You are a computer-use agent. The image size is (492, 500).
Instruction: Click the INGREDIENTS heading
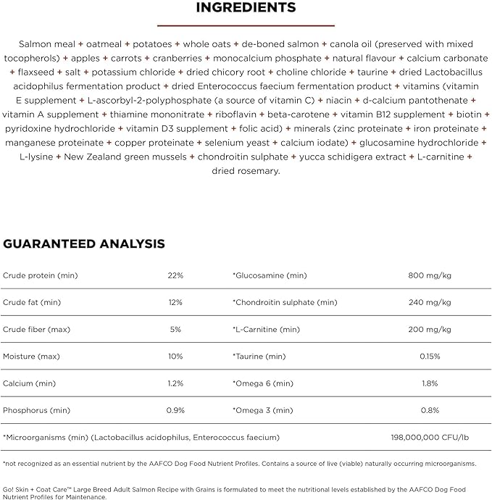[x=246, y=8]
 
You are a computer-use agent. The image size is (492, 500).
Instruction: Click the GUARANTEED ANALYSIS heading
[x=84, y=244]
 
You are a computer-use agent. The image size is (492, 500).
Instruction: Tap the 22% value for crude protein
[x=175, y=275]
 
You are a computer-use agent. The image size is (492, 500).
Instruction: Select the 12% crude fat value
[x=175, y=302]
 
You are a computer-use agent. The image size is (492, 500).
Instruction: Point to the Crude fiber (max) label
[x=37, y=329]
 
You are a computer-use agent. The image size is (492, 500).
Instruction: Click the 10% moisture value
[x=175, y=357]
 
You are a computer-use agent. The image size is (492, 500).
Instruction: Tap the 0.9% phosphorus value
[x=175, y=410]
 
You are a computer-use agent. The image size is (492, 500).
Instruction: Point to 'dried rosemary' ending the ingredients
[x=246, y=171]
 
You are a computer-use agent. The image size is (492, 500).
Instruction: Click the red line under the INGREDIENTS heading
[x=246, y=25]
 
